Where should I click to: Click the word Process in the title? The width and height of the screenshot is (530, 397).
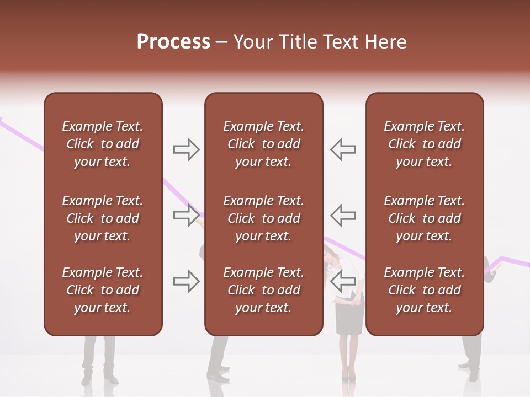[x=173, y=42]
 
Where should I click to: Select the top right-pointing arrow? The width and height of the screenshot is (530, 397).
[x=186, y=149]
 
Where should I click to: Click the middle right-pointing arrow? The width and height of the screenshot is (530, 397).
[x=186, y=216]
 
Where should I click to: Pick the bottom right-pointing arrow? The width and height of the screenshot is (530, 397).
[x=186, y=281]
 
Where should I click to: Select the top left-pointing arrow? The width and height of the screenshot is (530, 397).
[x=343, y=149]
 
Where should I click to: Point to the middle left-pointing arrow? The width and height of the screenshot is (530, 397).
[x=343, y=216]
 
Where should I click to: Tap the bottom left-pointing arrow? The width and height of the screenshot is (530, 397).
[x=343, y=281]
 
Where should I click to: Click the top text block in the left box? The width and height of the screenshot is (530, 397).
[x=103, y=144]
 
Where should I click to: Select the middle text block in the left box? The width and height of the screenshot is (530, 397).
[x=103, y=218]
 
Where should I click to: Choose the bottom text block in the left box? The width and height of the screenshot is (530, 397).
[x=103, y=290]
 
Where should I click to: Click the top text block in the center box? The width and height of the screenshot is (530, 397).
[x=263, y=144]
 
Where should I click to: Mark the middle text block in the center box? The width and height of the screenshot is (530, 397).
[x=263, y=218]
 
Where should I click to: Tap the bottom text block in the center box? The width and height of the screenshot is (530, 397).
[x=263, y=290]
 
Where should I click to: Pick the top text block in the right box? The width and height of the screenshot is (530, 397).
[x=424, y=144]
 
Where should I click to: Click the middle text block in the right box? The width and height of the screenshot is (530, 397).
[x=424, y=218]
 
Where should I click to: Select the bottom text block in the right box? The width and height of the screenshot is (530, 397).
[x=424, y=290]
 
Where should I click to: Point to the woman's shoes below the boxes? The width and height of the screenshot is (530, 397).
[x=348, y=377]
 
